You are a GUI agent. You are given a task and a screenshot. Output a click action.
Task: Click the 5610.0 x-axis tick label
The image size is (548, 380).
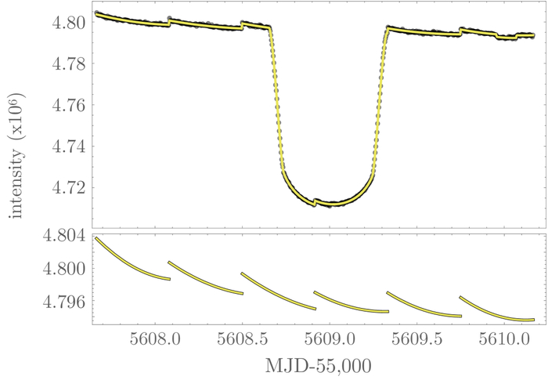(x=508, y=341)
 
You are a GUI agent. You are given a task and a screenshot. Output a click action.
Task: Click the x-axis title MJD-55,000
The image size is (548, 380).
(x=317, y=366)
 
